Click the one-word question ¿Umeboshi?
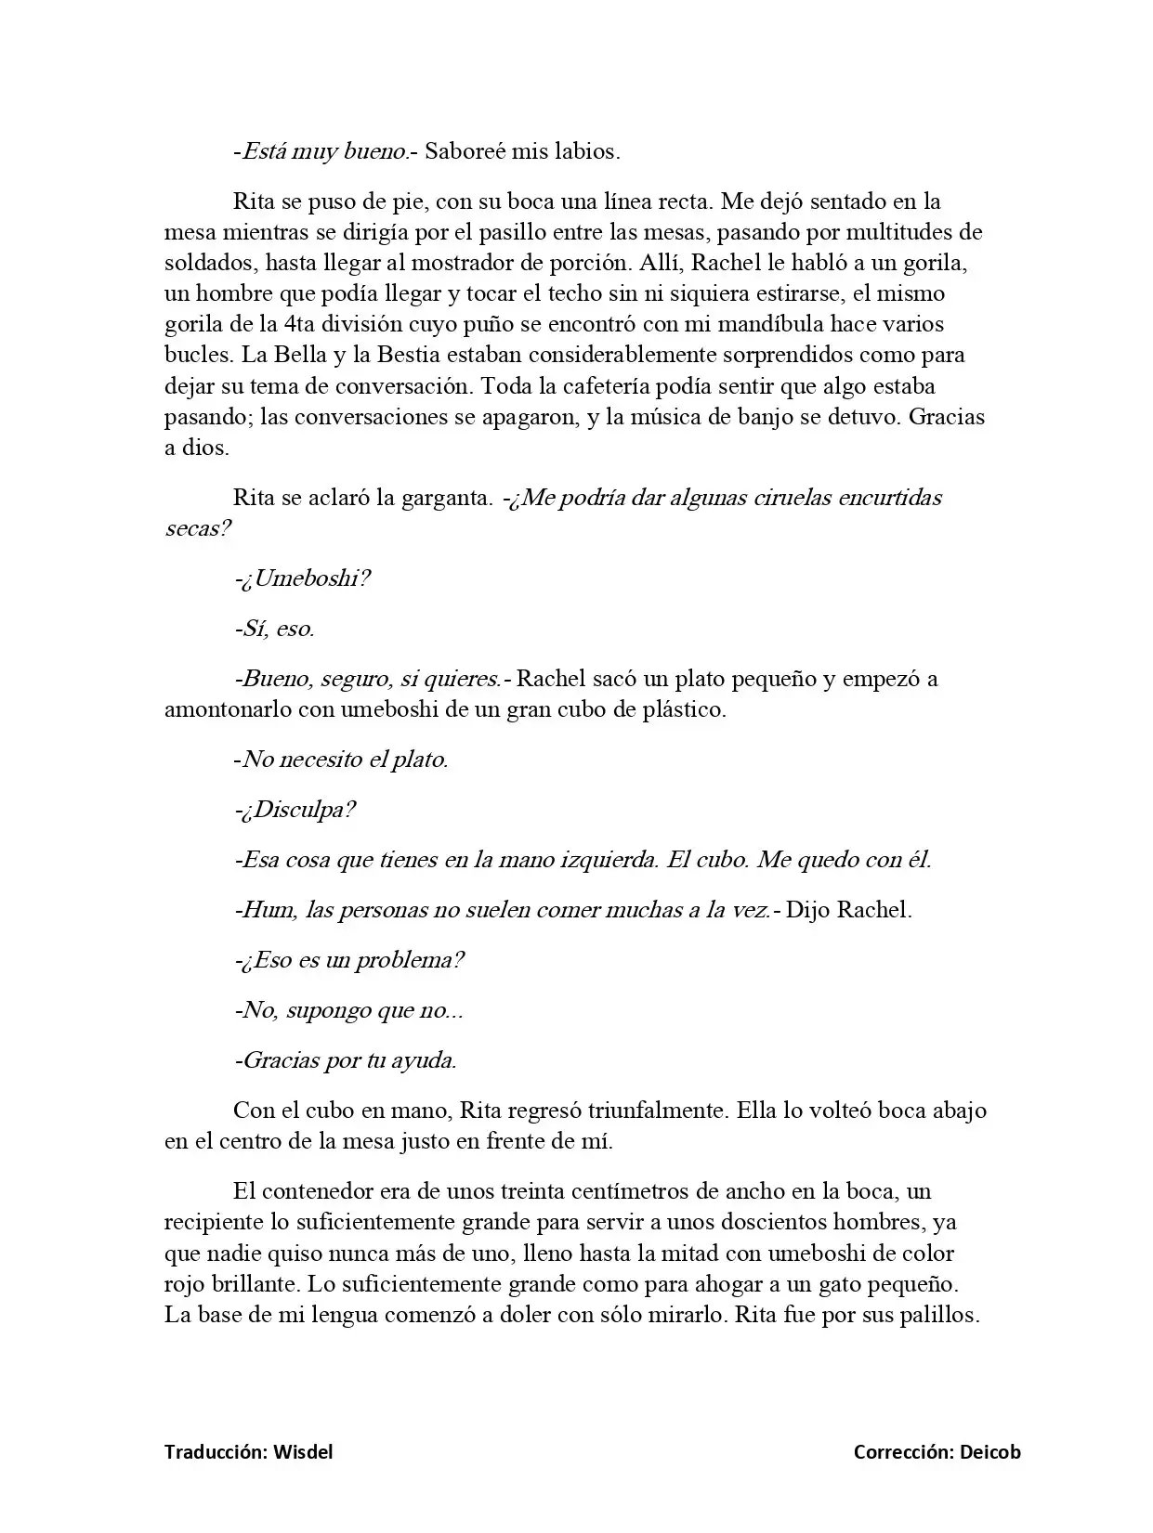[307, 578]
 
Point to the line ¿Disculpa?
[298, 810]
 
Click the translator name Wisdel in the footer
[303, 1452]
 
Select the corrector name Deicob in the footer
[990, 1452]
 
